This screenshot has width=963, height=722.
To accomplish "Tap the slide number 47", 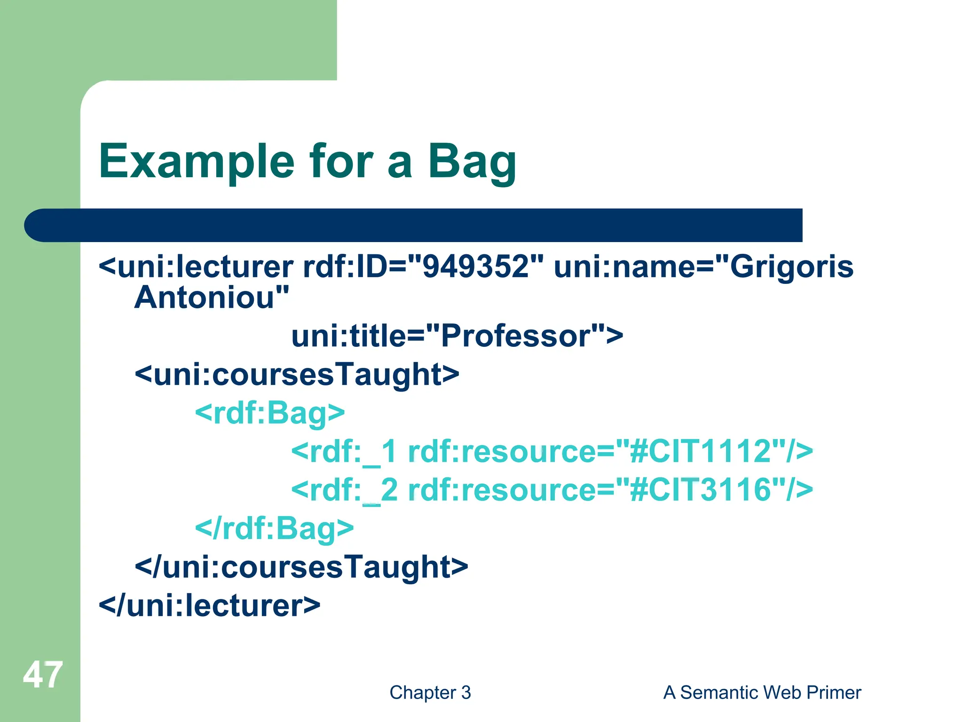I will pyautogui.click(x=42, y=675).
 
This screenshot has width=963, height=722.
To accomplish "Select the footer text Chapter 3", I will pyautogui.click(x=430, y=692).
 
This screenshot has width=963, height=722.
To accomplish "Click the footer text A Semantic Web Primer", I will pyautogui.click(x=762, y=692).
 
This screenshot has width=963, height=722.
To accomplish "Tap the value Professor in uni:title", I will pyautogui.click(x=515, y=336).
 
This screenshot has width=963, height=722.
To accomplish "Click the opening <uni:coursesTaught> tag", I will pyautogui.click(x=297, y=375).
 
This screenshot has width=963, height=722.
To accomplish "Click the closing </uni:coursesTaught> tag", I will pyautogui.click(x=301, y=567).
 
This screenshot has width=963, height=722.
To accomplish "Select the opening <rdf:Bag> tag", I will pyautogui.click(x=270, y=413).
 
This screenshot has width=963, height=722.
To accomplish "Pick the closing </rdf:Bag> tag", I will pyautogui.click(x=274, y=528).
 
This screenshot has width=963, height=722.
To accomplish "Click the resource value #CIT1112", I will pyautogui.click(x=701, y=452).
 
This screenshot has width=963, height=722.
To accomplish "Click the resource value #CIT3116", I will pyautogui.click(x=701, y=490).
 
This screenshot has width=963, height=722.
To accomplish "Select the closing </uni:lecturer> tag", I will pyautogui.click(x=209, y=605).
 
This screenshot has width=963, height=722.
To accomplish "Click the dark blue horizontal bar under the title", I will pyautogui.click(x=414, y=225).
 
